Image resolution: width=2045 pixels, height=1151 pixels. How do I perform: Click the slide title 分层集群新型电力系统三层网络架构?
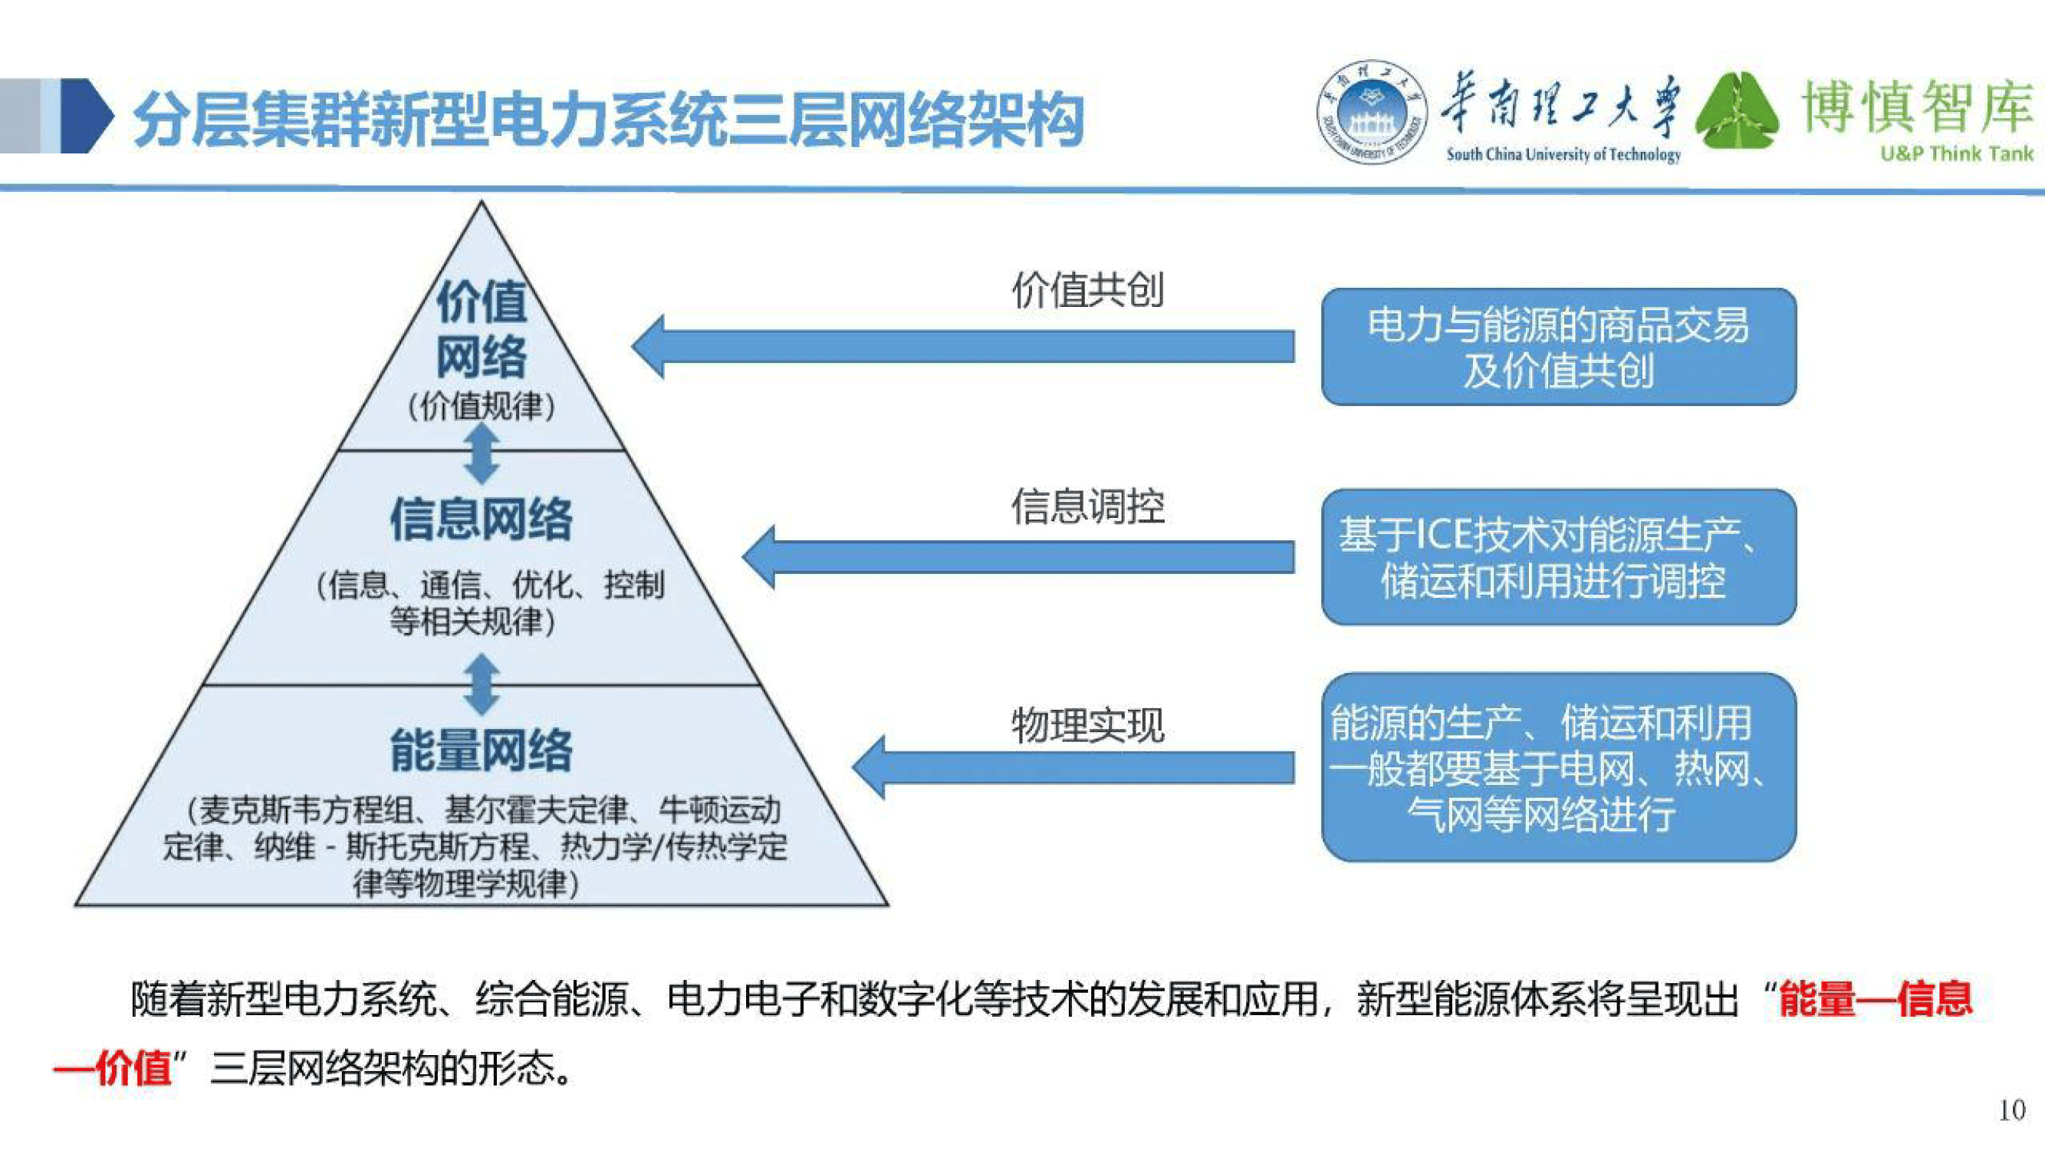[607, 119]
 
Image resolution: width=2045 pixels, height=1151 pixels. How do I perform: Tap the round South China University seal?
[1371, 112]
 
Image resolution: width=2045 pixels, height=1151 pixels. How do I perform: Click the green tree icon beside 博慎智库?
[1737, 112]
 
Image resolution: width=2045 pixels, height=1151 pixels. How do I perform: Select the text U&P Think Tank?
[1956, 153]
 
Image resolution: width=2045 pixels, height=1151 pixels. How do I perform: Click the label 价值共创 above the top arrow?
[1087, 290]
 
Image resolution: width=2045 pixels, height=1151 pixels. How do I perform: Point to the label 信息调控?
[1087, 506]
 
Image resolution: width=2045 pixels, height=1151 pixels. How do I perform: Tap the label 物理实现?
[1087, 724]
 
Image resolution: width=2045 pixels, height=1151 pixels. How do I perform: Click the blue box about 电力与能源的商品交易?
[1557, 347]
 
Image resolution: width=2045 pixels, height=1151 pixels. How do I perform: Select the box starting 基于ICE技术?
[1557, 557]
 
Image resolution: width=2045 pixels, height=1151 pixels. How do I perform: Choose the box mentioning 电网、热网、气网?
[1557, 767]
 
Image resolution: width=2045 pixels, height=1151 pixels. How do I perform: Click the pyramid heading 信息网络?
[481, 519]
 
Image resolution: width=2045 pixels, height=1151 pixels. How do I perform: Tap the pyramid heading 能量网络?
[481, 750]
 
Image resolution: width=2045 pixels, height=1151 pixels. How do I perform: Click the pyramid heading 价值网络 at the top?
[481, 329]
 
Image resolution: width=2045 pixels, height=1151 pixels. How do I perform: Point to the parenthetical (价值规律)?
[481, 407]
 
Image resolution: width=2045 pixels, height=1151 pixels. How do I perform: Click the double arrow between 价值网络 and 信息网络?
[481, 453]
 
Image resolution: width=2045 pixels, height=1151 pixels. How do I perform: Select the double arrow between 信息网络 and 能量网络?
[481, 684]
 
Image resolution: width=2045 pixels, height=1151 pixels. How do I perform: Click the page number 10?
[2010, 1110]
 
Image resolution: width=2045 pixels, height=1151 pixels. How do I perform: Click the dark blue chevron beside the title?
[87, 116]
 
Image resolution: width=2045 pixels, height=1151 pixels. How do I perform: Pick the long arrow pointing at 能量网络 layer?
[1072, 767]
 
